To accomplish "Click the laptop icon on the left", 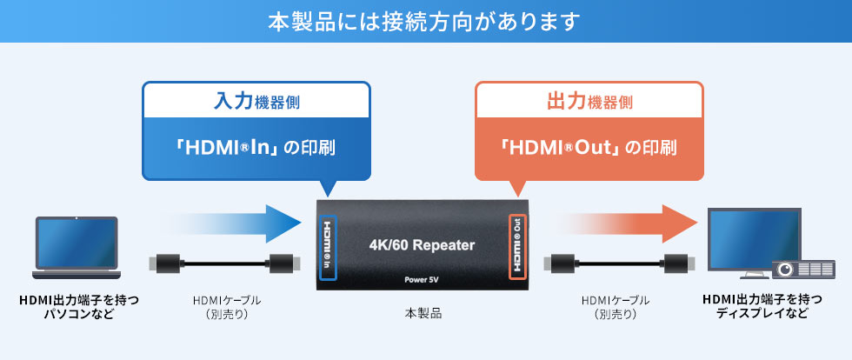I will pyautogui.click(x=76, y=249).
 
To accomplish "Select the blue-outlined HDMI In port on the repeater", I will pyautogui.click(x=328, y=247).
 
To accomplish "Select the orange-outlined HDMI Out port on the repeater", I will pyautogui.click(x=517, y=247).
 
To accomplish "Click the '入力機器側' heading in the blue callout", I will pyautogui.click(x=256, y=102).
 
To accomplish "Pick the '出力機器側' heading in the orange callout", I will pyautogui.click(x=589, y=102).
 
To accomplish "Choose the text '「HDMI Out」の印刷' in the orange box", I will pyautogui.click(x=589, y=147).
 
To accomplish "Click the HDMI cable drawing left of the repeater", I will pyautogui.click(x=223, y=263).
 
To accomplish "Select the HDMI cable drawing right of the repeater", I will pyautogui.click(x=621, y=263).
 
